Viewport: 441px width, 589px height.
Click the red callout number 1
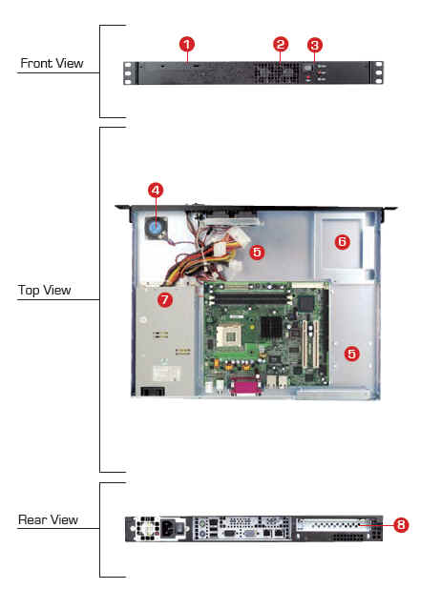[x=187, y=45]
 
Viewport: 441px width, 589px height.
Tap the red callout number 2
[x=281, y=45]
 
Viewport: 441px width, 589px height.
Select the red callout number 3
[x=315, y=45]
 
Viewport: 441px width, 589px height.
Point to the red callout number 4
[x=156, y=190]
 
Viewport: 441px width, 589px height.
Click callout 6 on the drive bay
[x=342, y=241]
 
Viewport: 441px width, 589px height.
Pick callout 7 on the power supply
[x=165, y=300]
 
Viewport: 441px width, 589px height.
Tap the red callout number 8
[x=401, y=524]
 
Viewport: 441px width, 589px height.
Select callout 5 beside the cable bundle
[x=257, y=252]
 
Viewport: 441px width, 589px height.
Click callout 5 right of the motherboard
[x=352, y=354]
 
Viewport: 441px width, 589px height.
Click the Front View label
[x=52, y=63]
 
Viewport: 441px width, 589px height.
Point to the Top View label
[x=45, y=290]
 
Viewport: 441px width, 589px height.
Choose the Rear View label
[x=48, y=519]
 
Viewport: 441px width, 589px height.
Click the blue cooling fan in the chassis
[x=155, y=228]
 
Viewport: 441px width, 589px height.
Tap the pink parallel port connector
[x=244, y=386]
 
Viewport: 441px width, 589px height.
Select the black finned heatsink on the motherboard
[x=271, y=326]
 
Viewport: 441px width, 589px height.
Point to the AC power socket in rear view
[x=168, y=529]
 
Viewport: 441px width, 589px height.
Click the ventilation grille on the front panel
[x=276, y=72]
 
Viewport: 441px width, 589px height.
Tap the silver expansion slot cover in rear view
[x=331, y=525]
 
